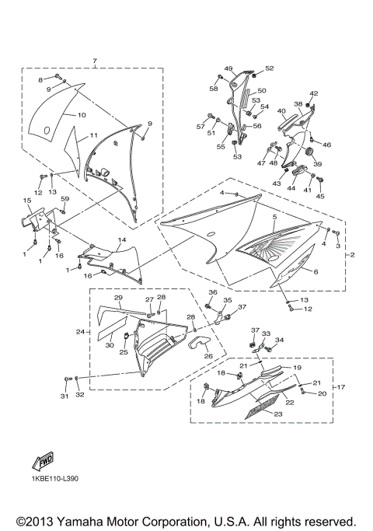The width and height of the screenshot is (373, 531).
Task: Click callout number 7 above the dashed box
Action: coord(94,61)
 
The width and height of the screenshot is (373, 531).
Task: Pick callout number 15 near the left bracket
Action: coord(27,201)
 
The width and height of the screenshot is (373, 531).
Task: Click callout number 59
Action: coord(65,199)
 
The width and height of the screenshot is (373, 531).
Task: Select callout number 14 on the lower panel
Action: coord(121,240)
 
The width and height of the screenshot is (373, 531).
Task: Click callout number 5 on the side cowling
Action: coord(274,218)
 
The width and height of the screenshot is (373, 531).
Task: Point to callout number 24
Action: coord(79,332)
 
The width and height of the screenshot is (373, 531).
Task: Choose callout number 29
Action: coord(119,298)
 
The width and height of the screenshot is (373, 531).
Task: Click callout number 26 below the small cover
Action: coord(208,356)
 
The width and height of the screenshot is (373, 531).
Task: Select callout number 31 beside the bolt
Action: coord(64,396)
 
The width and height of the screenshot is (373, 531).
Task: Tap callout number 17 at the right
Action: coord(340,386)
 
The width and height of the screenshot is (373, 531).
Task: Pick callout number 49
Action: coord(229,68)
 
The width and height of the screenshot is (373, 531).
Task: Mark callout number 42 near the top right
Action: coord(314,93)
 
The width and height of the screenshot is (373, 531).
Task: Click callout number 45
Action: coord(320,197)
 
